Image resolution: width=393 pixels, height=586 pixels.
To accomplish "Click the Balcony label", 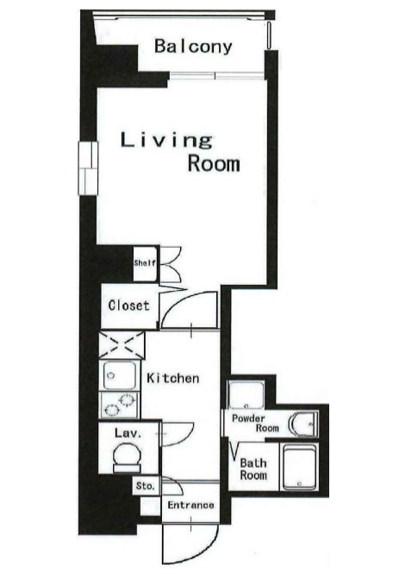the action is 193,47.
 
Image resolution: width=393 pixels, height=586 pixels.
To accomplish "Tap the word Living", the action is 166,140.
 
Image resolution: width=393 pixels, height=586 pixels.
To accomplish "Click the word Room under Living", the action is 214,164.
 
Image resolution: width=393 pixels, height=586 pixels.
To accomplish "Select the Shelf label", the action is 145,263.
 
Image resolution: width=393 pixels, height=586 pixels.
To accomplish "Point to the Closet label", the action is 128,306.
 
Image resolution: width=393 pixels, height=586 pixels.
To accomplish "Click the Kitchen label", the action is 173,378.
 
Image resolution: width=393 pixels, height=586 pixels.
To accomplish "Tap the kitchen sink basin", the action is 120,375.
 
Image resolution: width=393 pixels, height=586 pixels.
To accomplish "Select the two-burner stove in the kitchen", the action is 120,405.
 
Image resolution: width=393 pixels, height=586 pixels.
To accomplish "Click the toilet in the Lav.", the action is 127,457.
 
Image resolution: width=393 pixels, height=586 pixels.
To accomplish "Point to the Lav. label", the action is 128,433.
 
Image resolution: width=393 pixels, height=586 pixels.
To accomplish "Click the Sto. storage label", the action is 145,486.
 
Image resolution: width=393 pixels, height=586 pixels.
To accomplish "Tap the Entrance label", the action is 190,505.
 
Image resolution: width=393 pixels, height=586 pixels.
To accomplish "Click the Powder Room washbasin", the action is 303,424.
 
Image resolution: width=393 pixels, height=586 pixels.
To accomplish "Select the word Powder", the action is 248,419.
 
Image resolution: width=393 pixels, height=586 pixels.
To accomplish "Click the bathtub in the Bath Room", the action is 300,467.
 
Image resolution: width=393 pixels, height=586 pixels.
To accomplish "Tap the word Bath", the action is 253,463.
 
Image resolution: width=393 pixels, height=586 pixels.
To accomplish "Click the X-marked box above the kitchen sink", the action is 122,344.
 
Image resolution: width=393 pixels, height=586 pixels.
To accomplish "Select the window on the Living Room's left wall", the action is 88,168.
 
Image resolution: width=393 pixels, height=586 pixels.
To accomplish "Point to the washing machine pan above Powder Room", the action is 246,395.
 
